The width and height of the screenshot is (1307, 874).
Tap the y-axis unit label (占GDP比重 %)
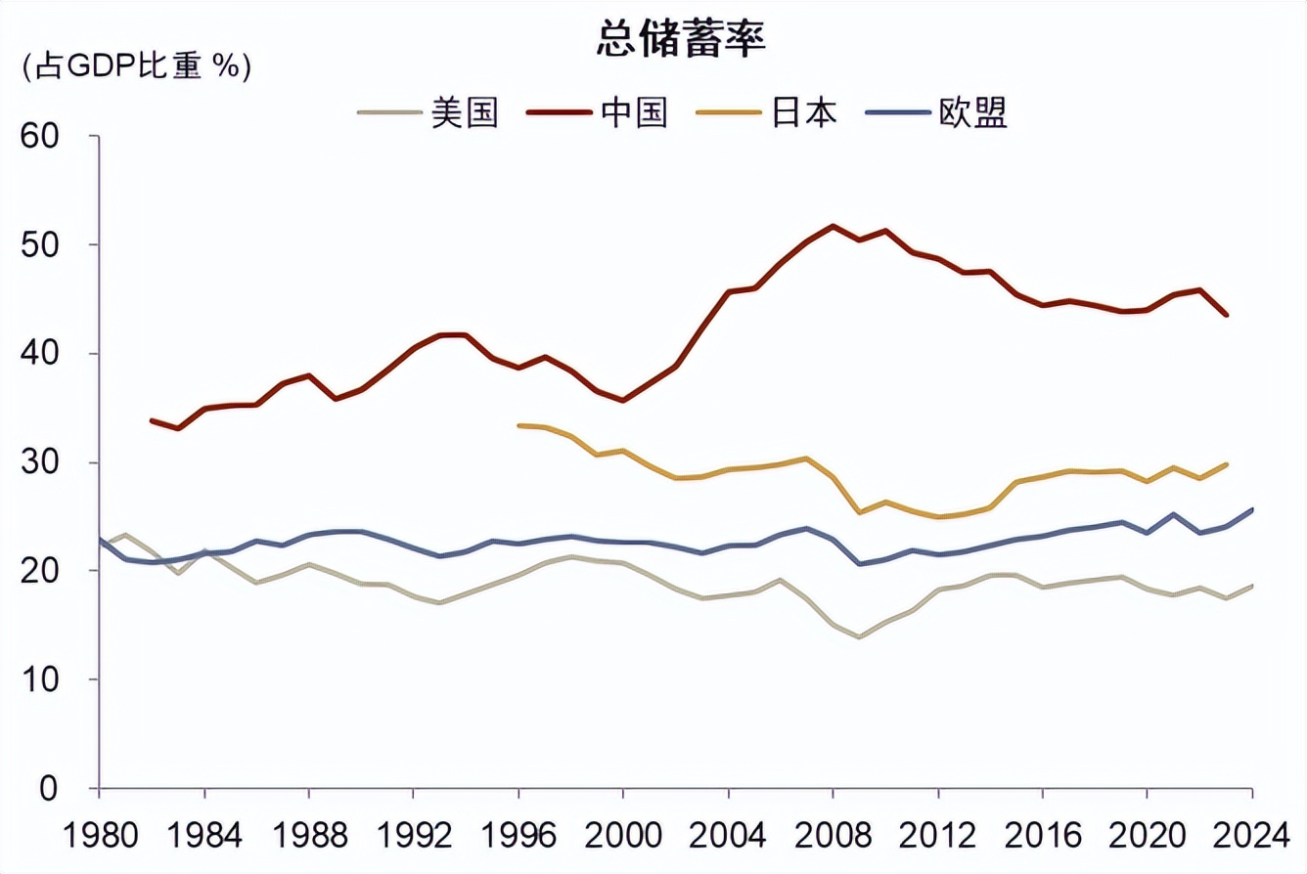136,67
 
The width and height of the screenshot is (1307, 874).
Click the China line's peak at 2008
833,226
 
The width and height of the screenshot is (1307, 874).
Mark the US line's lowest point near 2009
859,637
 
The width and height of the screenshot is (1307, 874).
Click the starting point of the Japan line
518,425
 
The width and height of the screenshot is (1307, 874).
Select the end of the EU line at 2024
1251,509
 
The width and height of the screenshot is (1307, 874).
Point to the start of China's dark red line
152,420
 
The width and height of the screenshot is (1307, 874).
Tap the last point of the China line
1226,315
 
